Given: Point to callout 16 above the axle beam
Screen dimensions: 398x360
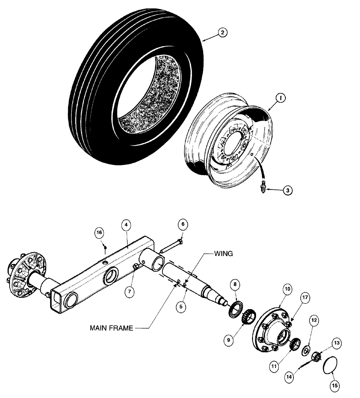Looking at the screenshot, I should click(99, 232).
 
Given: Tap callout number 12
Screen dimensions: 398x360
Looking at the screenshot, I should click(314, 320).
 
